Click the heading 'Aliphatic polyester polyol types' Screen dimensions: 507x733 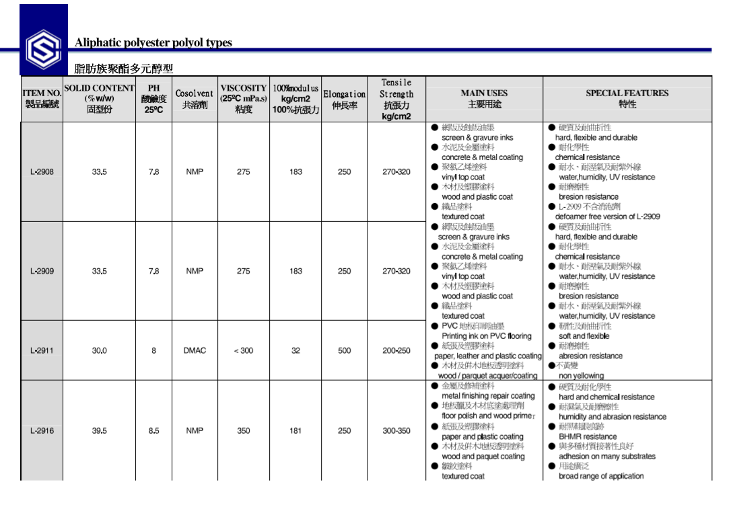153,43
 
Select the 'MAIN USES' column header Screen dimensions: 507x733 484,93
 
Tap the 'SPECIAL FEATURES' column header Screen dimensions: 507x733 627,93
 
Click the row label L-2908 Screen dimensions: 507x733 42,172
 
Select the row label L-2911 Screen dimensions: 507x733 42,350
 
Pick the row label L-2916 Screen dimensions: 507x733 42,431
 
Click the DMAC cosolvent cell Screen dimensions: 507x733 195,350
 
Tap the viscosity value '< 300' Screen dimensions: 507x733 244,350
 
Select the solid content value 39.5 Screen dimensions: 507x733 100,431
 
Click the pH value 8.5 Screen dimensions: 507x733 153,431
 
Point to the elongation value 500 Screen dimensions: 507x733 344,350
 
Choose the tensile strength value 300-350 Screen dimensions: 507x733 396,431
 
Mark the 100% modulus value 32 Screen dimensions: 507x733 295,350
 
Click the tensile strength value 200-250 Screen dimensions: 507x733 396,350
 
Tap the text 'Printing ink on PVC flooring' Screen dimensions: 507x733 486,336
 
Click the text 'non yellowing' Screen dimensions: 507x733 582,376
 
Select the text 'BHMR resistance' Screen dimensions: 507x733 588,436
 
